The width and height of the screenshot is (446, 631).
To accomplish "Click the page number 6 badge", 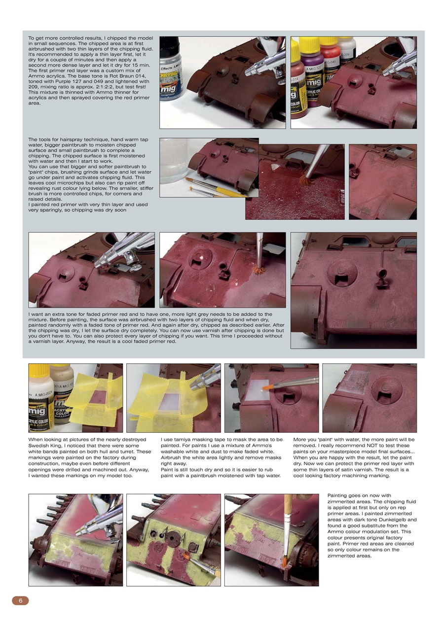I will [x=20, y=600].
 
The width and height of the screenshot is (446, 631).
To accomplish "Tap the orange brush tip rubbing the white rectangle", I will [x=266, y=387].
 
